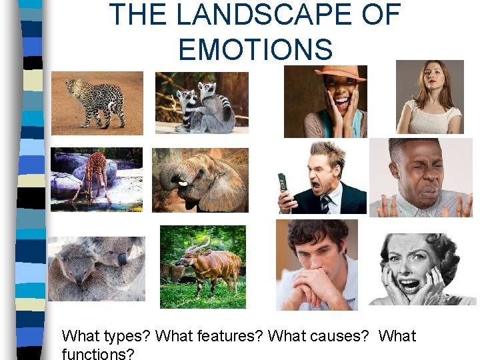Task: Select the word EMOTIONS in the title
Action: [255, 49]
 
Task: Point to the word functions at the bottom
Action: [97, 353]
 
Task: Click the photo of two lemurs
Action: [202, 103]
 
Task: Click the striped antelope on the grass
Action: [203, 267]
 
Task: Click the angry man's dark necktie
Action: [326, 204]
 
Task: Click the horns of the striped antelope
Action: [197, 244]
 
